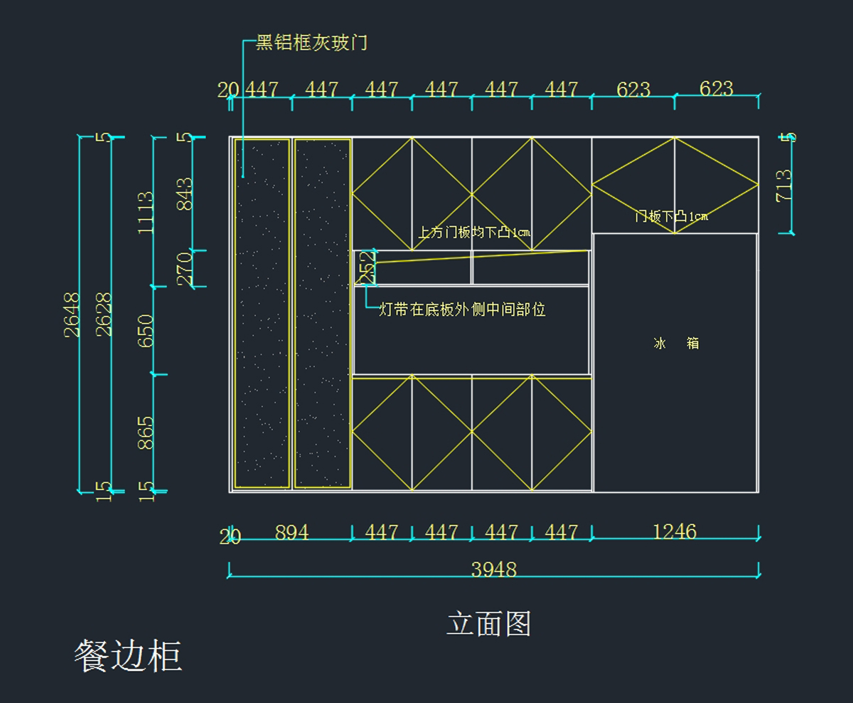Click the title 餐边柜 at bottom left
tap(128, 655)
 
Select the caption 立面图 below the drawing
tap(489, 624)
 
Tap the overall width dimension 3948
tap(493, 569)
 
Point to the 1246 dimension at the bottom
tap(675, 532)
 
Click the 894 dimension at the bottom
tap(291, 532)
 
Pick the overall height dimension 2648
tap(73, 314)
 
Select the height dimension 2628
tap(104, 314)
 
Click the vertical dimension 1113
tap(146, 212)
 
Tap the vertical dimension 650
tap(146, 330)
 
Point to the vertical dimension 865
tap(146, 433)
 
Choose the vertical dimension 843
tap(184, 194)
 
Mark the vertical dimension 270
tap(184, 268)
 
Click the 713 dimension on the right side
tap(784, 185)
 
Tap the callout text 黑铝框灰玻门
tap(311, 43)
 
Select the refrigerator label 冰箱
tap(676, 343)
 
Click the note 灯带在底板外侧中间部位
tap(463, 310)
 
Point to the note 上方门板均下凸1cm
tap(473, 232)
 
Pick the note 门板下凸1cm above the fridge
tap(671, 216)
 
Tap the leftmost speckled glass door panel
tap(262, 313)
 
